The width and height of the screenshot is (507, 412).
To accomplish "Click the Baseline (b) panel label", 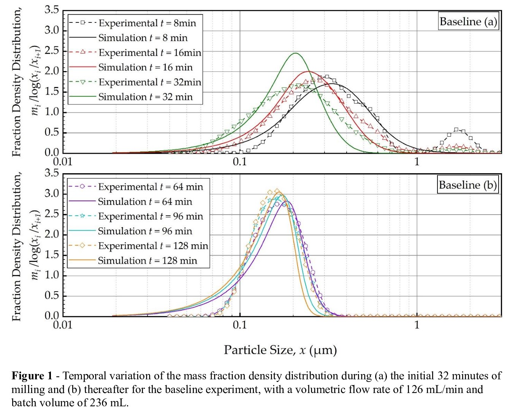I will point(467,185).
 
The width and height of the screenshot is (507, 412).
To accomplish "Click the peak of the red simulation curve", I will point(308,71).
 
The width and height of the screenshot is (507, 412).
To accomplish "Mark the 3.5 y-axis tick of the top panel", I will point(52,10).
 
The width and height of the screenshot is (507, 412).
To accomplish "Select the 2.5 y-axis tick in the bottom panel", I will point(52,214).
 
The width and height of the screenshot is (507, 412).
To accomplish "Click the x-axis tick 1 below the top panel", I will point(417,162).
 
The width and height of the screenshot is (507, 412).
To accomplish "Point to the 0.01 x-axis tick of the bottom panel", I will point(63,325).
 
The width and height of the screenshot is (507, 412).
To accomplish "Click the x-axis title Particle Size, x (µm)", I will point(280,350).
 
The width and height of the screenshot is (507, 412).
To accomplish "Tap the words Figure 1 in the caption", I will point(32,376).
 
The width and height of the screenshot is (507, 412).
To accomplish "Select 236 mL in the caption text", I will point(108,403).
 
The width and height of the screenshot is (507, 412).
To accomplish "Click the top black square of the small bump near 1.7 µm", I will point(456,129).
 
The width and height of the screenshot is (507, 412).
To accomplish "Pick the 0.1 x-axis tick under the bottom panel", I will point(240,325).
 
